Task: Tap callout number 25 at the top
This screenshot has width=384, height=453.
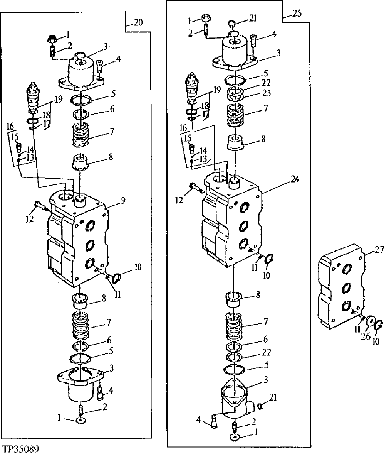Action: [x=297, y=13]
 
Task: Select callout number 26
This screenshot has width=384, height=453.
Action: [x=366, y=336]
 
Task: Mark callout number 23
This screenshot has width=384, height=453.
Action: [x=266, y=93]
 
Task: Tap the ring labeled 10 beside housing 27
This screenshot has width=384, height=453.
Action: [x=379, y=325]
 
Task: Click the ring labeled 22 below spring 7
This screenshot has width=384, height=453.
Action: [x=235, y=355]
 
